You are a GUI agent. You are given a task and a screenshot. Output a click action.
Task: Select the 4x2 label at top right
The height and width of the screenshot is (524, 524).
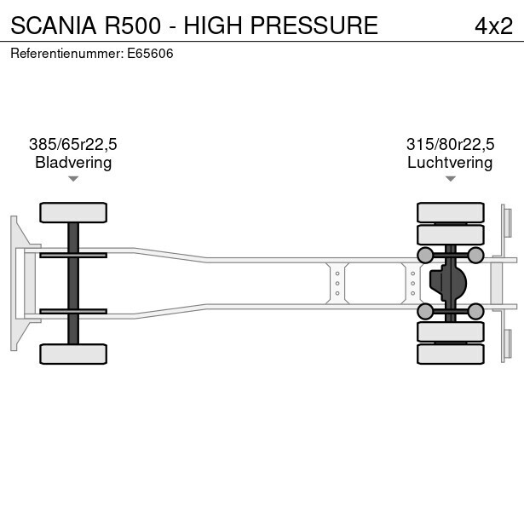point(493,26)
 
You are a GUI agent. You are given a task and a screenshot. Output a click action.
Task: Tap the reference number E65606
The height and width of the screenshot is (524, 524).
point(152,53)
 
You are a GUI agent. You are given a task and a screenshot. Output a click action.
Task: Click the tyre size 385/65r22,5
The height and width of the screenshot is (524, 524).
point(73,145)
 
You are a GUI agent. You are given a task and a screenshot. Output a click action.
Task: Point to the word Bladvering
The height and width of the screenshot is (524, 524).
point(73,163)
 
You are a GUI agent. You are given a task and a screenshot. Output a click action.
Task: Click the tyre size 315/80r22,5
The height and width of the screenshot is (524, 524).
point(450,145)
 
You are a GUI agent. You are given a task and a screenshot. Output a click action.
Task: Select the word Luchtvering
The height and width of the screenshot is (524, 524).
point(450,163)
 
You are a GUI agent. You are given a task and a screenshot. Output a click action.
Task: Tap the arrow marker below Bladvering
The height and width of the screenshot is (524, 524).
point(73,179)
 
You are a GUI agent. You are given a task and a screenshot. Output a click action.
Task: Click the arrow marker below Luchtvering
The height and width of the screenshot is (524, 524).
point(450,179)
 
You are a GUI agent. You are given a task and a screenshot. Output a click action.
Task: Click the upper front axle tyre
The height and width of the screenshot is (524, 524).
point(73,212)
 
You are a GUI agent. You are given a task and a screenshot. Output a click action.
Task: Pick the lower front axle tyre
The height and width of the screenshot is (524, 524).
point(73,354)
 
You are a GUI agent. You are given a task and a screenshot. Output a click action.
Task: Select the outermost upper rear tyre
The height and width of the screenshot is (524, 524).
point(450,212)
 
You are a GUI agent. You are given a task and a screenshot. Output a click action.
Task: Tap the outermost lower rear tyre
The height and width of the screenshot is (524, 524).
point(450,354)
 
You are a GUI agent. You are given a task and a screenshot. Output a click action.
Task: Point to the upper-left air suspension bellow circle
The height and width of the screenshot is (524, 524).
point(424,255)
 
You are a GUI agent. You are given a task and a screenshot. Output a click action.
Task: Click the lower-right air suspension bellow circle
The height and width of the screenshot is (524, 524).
point(475,311)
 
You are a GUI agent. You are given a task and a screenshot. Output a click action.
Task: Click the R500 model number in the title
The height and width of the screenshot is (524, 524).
point(136,26)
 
